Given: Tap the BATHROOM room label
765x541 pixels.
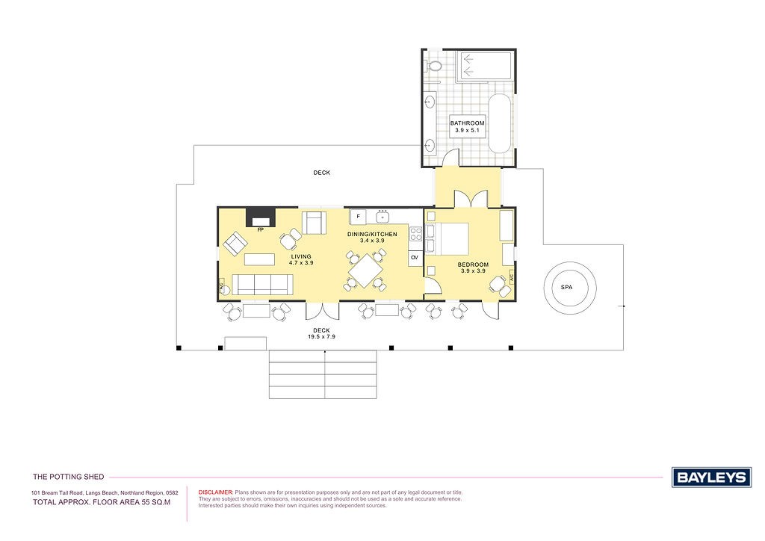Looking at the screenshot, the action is coord(467,123).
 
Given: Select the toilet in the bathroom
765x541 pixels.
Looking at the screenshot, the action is coord(433,65).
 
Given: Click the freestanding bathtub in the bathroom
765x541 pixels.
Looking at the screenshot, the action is coord(500,123).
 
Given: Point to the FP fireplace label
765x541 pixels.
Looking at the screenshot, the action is coord(261,229).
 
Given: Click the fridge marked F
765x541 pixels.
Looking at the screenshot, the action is coord(358,217).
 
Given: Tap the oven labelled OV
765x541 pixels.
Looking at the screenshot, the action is coord(415,258).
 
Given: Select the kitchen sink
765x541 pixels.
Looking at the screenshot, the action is coord(382,216).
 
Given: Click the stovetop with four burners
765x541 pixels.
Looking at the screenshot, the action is coord(415,234).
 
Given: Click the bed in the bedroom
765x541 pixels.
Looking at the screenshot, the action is coord(447,238).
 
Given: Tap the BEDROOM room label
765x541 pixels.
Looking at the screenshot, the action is coord(473,265).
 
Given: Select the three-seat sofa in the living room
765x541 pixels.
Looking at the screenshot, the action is coord(262,285).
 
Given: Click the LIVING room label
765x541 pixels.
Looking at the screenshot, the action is coord(301,256).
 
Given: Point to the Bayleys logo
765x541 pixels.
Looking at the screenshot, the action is coord(711,477).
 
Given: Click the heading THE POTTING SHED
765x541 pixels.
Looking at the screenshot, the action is coord(68,477).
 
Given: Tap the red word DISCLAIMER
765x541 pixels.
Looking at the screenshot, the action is coord(216,492).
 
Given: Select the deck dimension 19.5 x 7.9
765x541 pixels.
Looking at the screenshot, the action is coord(321,336).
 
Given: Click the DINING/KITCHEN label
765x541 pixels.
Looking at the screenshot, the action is coord(372,234).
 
